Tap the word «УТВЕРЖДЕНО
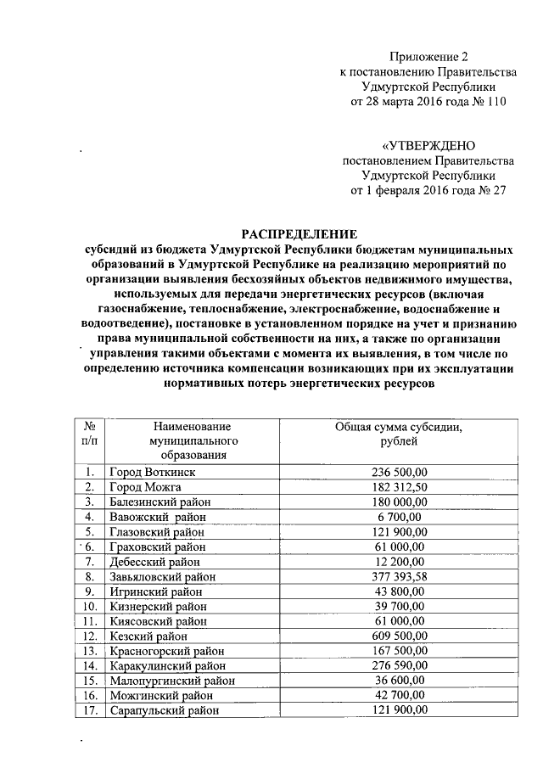428,145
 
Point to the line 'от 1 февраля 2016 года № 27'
428,191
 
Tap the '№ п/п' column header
89,435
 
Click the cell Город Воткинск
152,472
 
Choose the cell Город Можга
146,487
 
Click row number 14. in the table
89,666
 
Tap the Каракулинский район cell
166,666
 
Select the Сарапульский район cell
164,710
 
